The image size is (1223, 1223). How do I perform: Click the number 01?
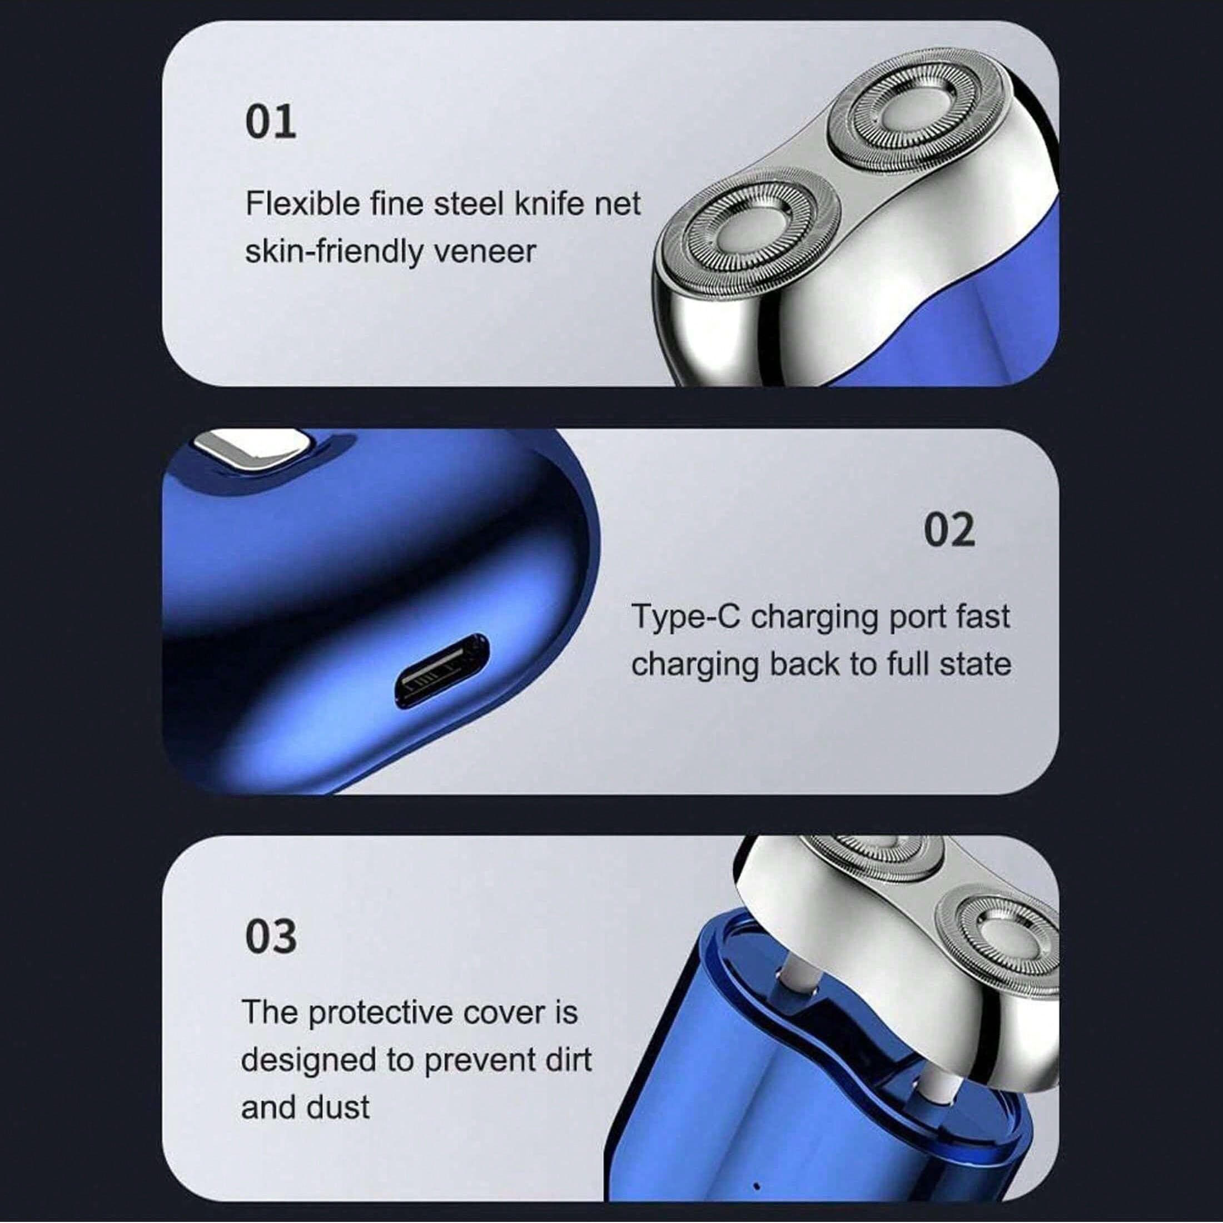coord(271,122)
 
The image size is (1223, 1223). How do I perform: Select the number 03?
coord(271,937)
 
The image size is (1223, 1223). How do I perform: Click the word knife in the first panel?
coord(556,204)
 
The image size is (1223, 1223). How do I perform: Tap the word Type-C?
coord(685,617)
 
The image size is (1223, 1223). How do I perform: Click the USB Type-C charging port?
coord(443,670)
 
